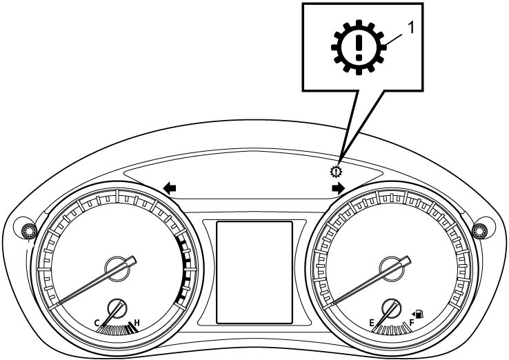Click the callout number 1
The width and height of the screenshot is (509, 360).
[410, 28]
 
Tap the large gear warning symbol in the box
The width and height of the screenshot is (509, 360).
[359, 48]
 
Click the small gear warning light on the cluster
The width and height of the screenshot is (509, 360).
[336, 171]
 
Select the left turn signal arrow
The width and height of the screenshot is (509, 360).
[170, 188]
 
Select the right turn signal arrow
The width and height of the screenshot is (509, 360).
[338, 188]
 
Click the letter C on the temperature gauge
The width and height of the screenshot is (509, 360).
[97, 323]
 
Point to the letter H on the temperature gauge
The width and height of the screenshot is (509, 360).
[137, 323]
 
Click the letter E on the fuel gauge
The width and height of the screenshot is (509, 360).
[372, 323]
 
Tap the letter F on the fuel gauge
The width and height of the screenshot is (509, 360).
[412, 323]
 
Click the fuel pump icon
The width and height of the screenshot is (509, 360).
[421, 314]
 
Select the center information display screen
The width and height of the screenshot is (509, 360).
[254, 272]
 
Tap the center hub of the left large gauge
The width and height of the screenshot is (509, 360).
[117, 269]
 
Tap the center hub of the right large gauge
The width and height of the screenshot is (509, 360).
[392, 269]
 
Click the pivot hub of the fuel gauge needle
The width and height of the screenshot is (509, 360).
[392, 308]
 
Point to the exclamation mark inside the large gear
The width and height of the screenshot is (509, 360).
[359, 48]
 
